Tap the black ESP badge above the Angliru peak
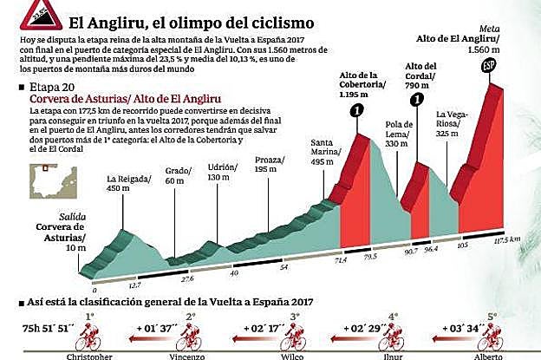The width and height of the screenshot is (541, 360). (489, 68)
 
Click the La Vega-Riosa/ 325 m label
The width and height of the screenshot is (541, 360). (453, 124)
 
